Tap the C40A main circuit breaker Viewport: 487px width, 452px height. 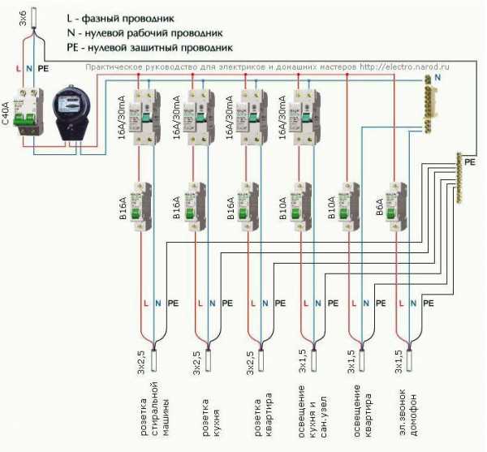point(29,110)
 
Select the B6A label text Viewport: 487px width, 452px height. point(380,208)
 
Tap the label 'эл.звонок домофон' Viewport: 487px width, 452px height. point(405,410)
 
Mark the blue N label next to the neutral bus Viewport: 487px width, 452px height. point(437,75)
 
